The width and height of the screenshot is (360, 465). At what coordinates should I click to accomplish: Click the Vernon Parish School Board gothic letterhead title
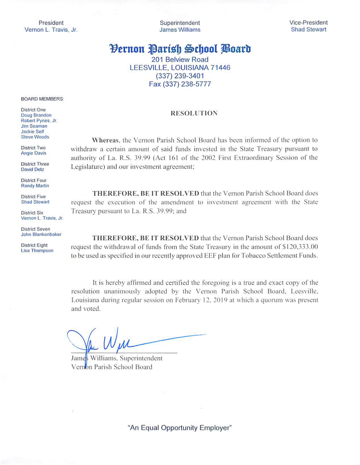click(x=180, y=49)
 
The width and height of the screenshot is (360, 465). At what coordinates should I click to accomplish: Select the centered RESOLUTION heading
click(x=194, y=114)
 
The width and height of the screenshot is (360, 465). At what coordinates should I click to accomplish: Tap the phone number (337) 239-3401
click(x=180, y=76)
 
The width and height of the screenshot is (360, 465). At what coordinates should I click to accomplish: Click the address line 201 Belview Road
click(x=180, y=60)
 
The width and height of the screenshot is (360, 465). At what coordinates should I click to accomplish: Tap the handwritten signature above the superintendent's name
click(x=115, y=341)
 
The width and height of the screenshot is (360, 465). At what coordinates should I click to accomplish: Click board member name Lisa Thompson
click(x=37, y=250)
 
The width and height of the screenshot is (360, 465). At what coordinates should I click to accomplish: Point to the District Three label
click(x=35, y=164)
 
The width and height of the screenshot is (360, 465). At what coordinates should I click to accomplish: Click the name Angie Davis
click(x=34, y=153)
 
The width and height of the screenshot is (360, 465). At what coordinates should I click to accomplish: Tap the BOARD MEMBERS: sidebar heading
click(x=43, y=99)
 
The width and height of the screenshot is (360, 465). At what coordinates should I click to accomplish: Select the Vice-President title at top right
click(x=308, y=23)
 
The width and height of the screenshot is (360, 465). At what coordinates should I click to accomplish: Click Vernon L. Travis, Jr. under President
click(x=51, y=30)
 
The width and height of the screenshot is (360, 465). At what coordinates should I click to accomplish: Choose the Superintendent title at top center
click(x=180, y=23)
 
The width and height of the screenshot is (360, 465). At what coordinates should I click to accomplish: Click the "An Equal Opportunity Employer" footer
click(x=180, y=428)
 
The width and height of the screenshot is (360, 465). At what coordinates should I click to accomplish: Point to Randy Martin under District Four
click(x=35, y=186)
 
